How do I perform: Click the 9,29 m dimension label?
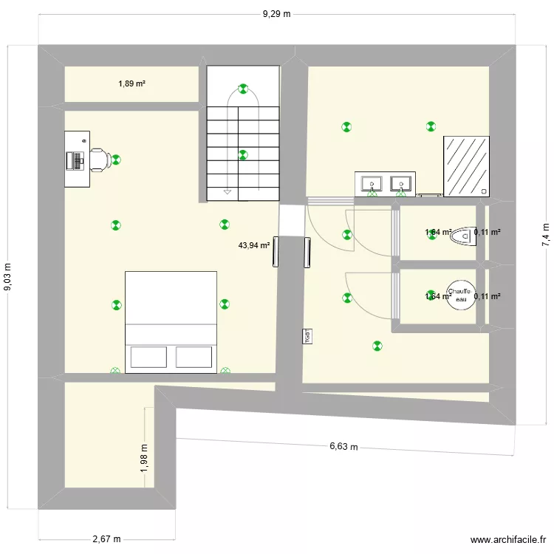[277, 14]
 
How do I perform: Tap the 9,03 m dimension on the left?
[9, 278]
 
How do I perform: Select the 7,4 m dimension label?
[545, 234]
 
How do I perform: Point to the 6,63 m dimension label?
[343, 446]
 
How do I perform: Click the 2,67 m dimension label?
[106, 539]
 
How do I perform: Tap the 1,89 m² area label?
[131, 83]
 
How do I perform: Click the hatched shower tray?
[466, 167]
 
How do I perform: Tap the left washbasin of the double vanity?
[371, 182]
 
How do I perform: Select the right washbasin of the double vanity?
[400, 182]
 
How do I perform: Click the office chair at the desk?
[100, 158]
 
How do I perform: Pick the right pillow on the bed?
[194, 357]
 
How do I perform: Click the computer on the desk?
[75, 160]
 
